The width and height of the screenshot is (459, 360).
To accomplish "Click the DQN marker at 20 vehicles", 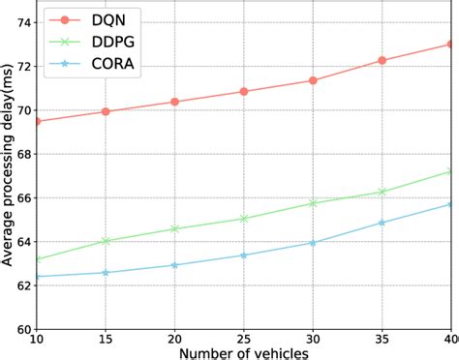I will (x=174, y=102).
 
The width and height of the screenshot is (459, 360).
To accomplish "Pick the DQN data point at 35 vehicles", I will (x=382, y=60).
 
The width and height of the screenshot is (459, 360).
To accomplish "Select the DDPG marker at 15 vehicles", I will (x=106, y=241).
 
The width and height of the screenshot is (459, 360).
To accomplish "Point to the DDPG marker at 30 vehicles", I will (x=313, y=203).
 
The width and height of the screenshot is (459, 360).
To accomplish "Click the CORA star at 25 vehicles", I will (x=243, y=255).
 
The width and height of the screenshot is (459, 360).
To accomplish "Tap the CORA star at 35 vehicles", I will (x=382, y=223).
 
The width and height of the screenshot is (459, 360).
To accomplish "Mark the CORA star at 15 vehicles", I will (x=106, y=273).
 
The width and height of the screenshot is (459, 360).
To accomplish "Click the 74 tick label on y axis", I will (x=20, y=22).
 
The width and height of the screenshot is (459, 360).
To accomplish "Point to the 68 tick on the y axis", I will (x=20, y=154).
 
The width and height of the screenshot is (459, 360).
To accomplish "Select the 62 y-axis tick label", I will (x=20, y=285).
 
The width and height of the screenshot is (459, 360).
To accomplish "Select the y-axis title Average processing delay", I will (x=8, y=174).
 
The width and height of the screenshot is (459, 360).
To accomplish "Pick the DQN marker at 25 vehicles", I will (x=243, y=92).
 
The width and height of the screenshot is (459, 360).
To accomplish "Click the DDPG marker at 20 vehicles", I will (x=174, y=228).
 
